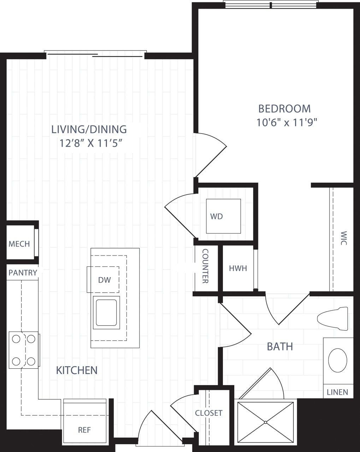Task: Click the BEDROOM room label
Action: point(284,108)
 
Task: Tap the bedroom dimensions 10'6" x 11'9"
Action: point(287,123)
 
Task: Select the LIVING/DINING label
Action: point(89,129)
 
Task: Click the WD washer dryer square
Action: point(223,216)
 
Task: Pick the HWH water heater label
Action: point(238,268)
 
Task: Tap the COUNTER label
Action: point(205,266)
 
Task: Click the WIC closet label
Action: point(344,238)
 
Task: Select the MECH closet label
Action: point(19,244)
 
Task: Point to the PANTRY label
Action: point(23,273)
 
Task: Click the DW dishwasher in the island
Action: point(104,280)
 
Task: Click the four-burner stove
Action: point(24,350)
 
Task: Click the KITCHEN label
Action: point(77,370)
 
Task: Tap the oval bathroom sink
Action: point(337,360)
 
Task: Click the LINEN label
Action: point(337,392)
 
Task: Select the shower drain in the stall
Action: point(265,422)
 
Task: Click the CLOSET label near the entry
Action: point(209,413)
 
